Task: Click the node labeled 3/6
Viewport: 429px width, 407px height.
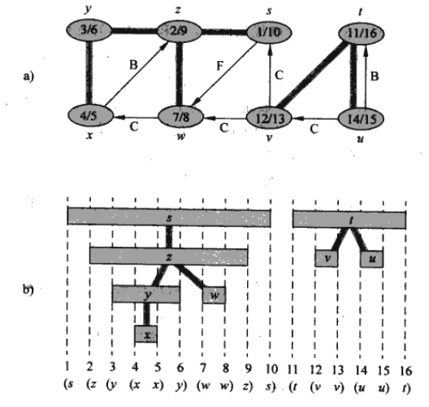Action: coord(89,30)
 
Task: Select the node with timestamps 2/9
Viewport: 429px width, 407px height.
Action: coord(180,31)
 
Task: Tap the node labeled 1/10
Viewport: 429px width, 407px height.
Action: coord(269,33)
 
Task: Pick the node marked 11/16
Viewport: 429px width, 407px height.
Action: coord(362,33)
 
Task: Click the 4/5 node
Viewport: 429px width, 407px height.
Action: coord(90,116)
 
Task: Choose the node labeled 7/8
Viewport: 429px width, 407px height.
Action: coord(181,117)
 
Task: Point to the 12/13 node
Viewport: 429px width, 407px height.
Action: coord(270,118)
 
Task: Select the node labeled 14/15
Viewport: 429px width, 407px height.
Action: coord(361,119)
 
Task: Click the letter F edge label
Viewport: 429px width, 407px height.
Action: coord(219,66)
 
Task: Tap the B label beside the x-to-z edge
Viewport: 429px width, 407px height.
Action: coord(133,65)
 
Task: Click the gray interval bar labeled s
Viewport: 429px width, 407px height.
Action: coord(169,217)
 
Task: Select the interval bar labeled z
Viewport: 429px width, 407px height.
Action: coord(169,256)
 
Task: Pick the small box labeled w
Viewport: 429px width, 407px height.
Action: coord(214,295)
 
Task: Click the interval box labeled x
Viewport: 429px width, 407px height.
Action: coord(146,334)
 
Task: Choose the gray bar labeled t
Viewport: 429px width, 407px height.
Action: coord(349,220)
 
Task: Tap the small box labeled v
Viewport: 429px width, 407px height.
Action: coord(327,258)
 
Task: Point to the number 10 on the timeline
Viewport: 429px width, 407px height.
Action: coord(271,370)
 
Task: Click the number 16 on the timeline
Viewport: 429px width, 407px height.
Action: coord(406,371)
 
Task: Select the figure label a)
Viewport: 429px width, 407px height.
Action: coord(28,76)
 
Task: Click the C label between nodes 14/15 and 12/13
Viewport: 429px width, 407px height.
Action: coord(314,129)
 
